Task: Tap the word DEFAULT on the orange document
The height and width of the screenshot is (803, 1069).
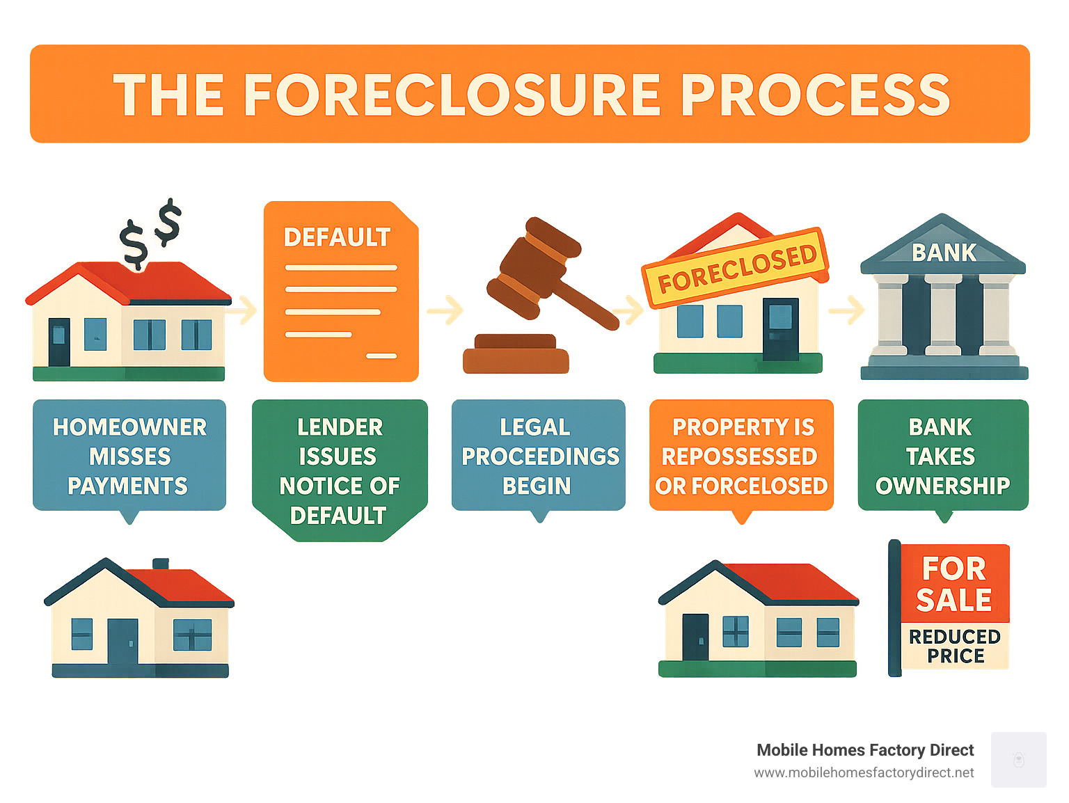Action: [x=337, y=237]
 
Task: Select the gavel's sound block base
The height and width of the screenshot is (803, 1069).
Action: [x=516, y=353]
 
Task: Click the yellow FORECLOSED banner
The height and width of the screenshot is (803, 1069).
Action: [x=736, y=267]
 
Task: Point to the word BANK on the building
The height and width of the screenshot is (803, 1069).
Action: [x=944, y=253]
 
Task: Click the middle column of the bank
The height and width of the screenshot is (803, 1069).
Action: [x=943, y=314]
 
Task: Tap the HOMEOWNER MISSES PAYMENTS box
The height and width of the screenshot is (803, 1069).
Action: [x=129, y=455]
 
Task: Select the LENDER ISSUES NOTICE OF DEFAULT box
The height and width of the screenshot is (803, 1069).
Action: [x=340, y=470]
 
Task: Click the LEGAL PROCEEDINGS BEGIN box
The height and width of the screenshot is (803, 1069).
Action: [x=539, y=455]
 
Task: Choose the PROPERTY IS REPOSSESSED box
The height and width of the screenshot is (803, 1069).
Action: [x=741, y=455]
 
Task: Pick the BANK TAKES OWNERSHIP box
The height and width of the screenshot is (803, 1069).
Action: [x=943, y=455]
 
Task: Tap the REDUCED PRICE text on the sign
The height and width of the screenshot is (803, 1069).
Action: [x=955, y=646]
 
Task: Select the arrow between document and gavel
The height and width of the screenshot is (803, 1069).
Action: [x=445, y=310]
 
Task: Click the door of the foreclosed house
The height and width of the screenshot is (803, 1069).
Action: [x=781, y=329]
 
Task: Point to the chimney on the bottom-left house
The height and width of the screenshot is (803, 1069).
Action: [x=161, y=564]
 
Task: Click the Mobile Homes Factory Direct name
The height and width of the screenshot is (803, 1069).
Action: [x=865, y=750]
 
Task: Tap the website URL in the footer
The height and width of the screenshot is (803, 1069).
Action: [x=864, y=773]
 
